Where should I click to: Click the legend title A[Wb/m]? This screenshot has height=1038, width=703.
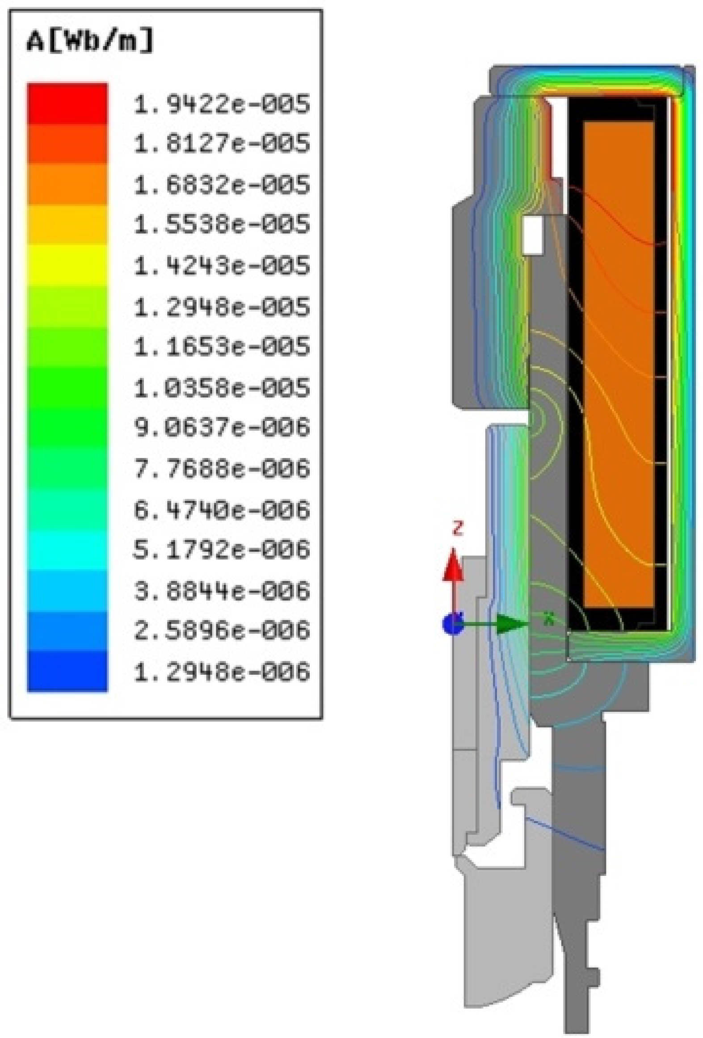[x=89, y=41]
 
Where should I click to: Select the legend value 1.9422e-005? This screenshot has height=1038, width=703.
[x=221, y=104]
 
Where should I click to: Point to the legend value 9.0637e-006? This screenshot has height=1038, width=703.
[x=221, y=426]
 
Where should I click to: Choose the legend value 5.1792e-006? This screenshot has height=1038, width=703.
[x=221, y=549]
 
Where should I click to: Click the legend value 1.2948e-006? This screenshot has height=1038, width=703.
[x=221, y=671]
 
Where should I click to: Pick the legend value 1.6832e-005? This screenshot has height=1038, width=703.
[x=221, y=184]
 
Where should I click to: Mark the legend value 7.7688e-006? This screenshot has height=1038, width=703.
[x=221, y=468]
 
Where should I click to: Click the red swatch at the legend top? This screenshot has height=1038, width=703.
[x=67, y=104]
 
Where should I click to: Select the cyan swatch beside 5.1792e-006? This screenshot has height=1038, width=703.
[x=67, y=549]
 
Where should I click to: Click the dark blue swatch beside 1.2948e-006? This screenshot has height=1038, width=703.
[x=67, y=671]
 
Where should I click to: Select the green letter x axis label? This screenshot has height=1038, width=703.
[x=549, y=618]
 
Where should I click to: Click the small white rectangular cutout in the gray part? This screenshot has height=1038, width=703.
[x=533, y=235]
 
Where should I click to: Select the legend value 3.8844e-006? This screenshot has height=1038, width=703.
[x=221, y=590]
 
